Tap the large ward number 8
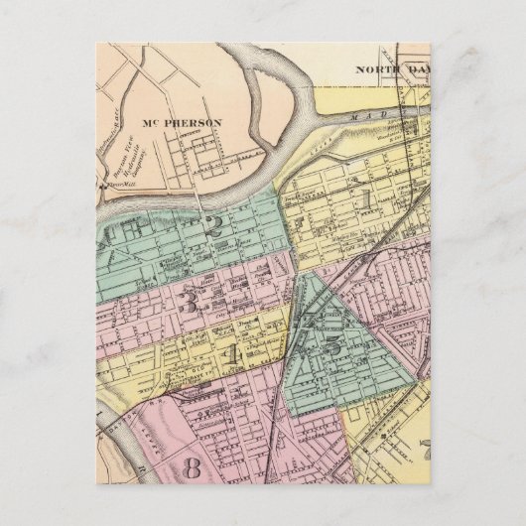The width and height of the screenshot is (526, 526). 192,465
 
